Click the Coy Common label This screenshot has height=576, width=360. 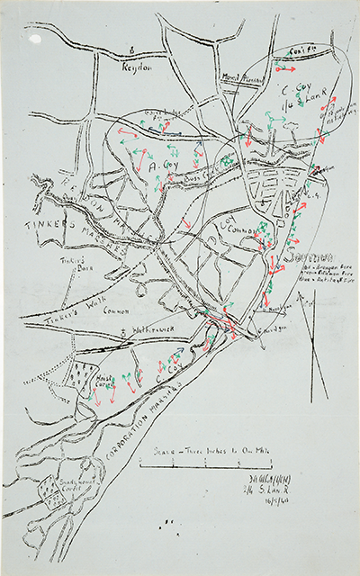coord(236,224)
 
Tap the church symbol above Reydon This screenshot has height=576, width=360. coord(131,50)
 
